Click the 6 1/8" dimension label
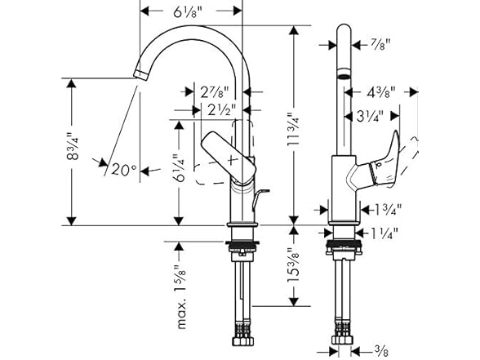(x=188, y=11)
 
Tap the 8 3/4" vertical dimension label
(x=73, y=146)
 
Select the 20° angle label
(x=123, y=169)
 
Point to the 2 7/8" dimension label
(x=215, y=91)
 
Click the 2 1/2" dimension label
(x=221, y=109)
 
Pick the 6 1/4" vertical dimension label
(x=180, y=168)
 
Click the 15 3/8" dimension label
(x=293, y=265)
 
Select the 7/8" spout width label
(x=380, y=45)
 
